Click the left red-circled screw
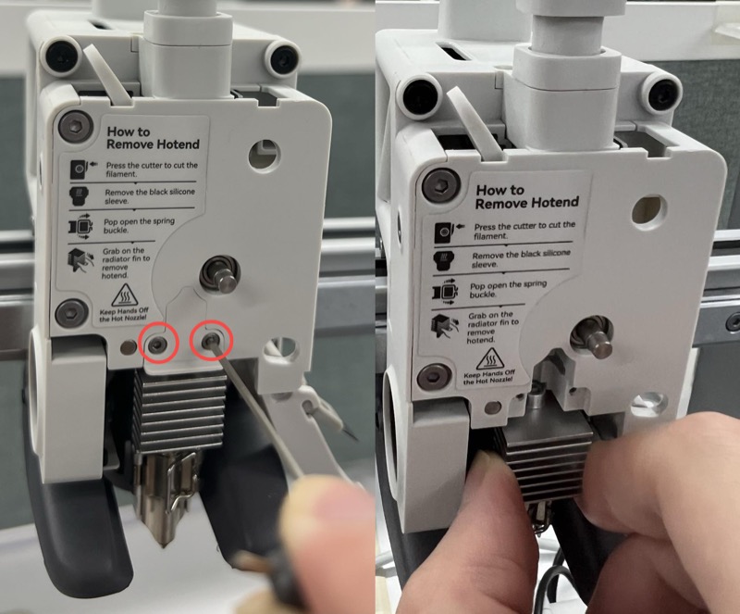pyautogui.click(x=156, y=345)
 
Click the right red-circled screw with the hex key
pyautogui.click(x=210, y=340)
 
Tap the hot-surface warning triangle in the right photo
pyautogui.click(x=489, y=360)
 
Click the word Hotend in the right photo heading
pyautogui.click(x=554, y=203)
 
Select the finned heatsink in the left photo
pyautogui.click(x=179, y=407)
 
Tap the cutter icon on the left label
pyautogui.click(x=78, y=169)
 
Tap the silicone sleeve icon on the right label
pyautogui.click(x=444, y=260)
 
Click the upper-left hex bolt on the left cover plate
pyautogui.click(x=75, y=125)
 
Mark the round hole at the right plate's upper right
pyautogui.click(x=650, y=208)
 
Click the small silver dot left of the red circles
pyautogui.click(x=128, y=348)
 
